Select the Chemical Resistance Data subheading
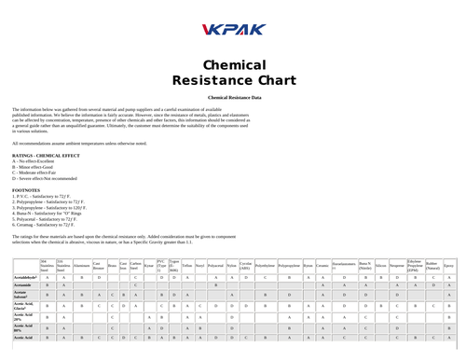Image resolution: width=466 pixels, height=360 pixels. pyautogui.click(x=233, y=97)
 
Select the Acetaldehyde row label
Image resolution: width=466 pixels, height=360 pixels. pyautogui.click(x=25, y=276)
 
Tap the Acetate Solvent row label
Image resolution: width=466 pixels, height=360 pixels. pyautogui.click(x=22, y=294)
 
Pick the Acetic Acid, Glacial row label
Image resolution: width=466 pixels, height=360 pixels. pyautogui.click(x=23, y=305)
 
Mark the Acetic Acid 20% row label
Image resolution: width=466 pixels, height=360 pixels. pyautogui.click(x=22, y=316)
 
